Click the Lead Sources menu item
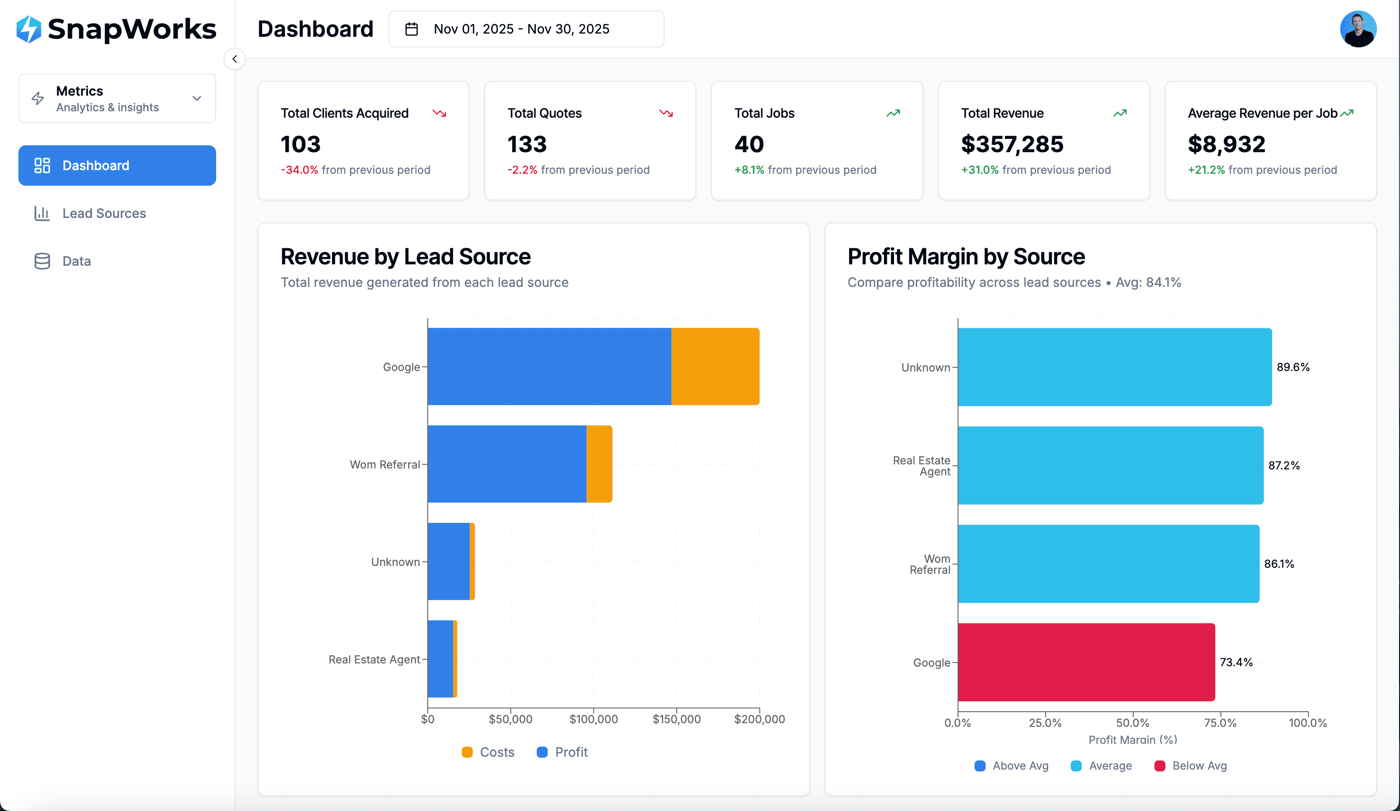tap(103, 213)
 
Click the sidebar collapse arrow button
tap(235, 59)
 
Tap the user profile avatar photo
tap(1357, 29)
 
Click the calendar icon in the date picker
tap(411, 29)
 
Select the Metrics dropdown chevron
tap(197, 98)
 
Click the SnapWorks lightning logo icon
tap(29, 29)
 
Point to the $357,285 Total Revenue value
tap(1012, 144)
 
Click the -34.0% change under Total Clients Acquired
tap(299, 170)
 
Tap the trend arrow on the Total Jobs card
tap(893, 113)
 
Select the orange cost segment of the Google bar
tap(715, 366)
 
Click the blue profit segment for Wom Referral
tap(507, 464)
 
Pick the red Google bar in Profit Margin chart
tap(1086, 662)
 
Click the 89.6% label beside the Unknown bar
tap(1293, 367)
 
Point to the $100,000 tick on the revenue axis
tap(593, 719)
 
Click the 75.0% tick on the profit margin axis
tap(1220, 723)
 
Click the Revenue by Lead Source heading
tap(405, 257)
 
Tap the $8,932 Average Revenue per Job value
tap(1226, 144)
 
